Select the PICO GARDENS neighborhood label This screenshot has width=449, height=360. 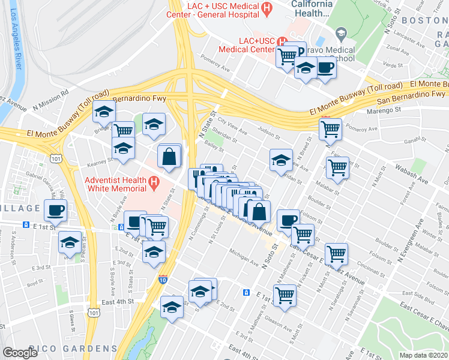tap(79, 349)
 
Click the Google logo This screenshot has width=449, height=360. tap(20, 352)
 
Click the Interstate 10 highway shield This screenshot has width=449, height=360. tap(163, 280)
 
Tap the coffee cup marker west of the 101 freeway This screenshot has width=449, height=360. tap(55, 211)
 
